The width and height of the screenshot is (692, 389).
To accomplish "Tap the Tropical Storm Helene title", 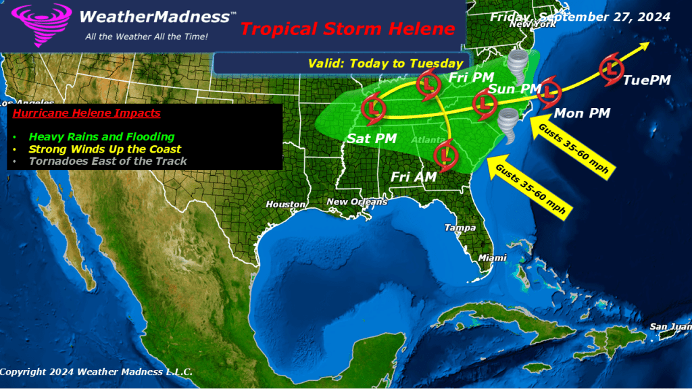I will point(348,29).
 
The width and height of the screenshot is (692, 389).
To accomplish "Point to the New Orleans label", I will point(357,202).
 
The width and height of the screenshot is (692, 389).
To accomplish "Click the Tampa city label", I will point(460,228).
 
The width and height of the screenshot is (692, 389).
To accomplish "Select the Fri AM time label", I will point(413,176).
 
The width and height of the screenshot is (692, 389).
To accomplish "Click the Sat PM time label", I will point(372,138).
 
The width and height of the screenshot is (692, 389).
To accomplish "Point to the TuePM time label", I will point(647,80).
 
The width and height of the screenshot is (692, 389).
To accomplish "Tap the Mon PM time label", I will point(582,113).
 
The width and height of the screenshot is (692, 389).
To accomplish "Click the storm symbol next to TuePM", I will point(612,69).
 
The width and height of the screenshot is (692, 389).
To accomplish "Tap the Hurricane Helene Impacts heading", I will point(87,113).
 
